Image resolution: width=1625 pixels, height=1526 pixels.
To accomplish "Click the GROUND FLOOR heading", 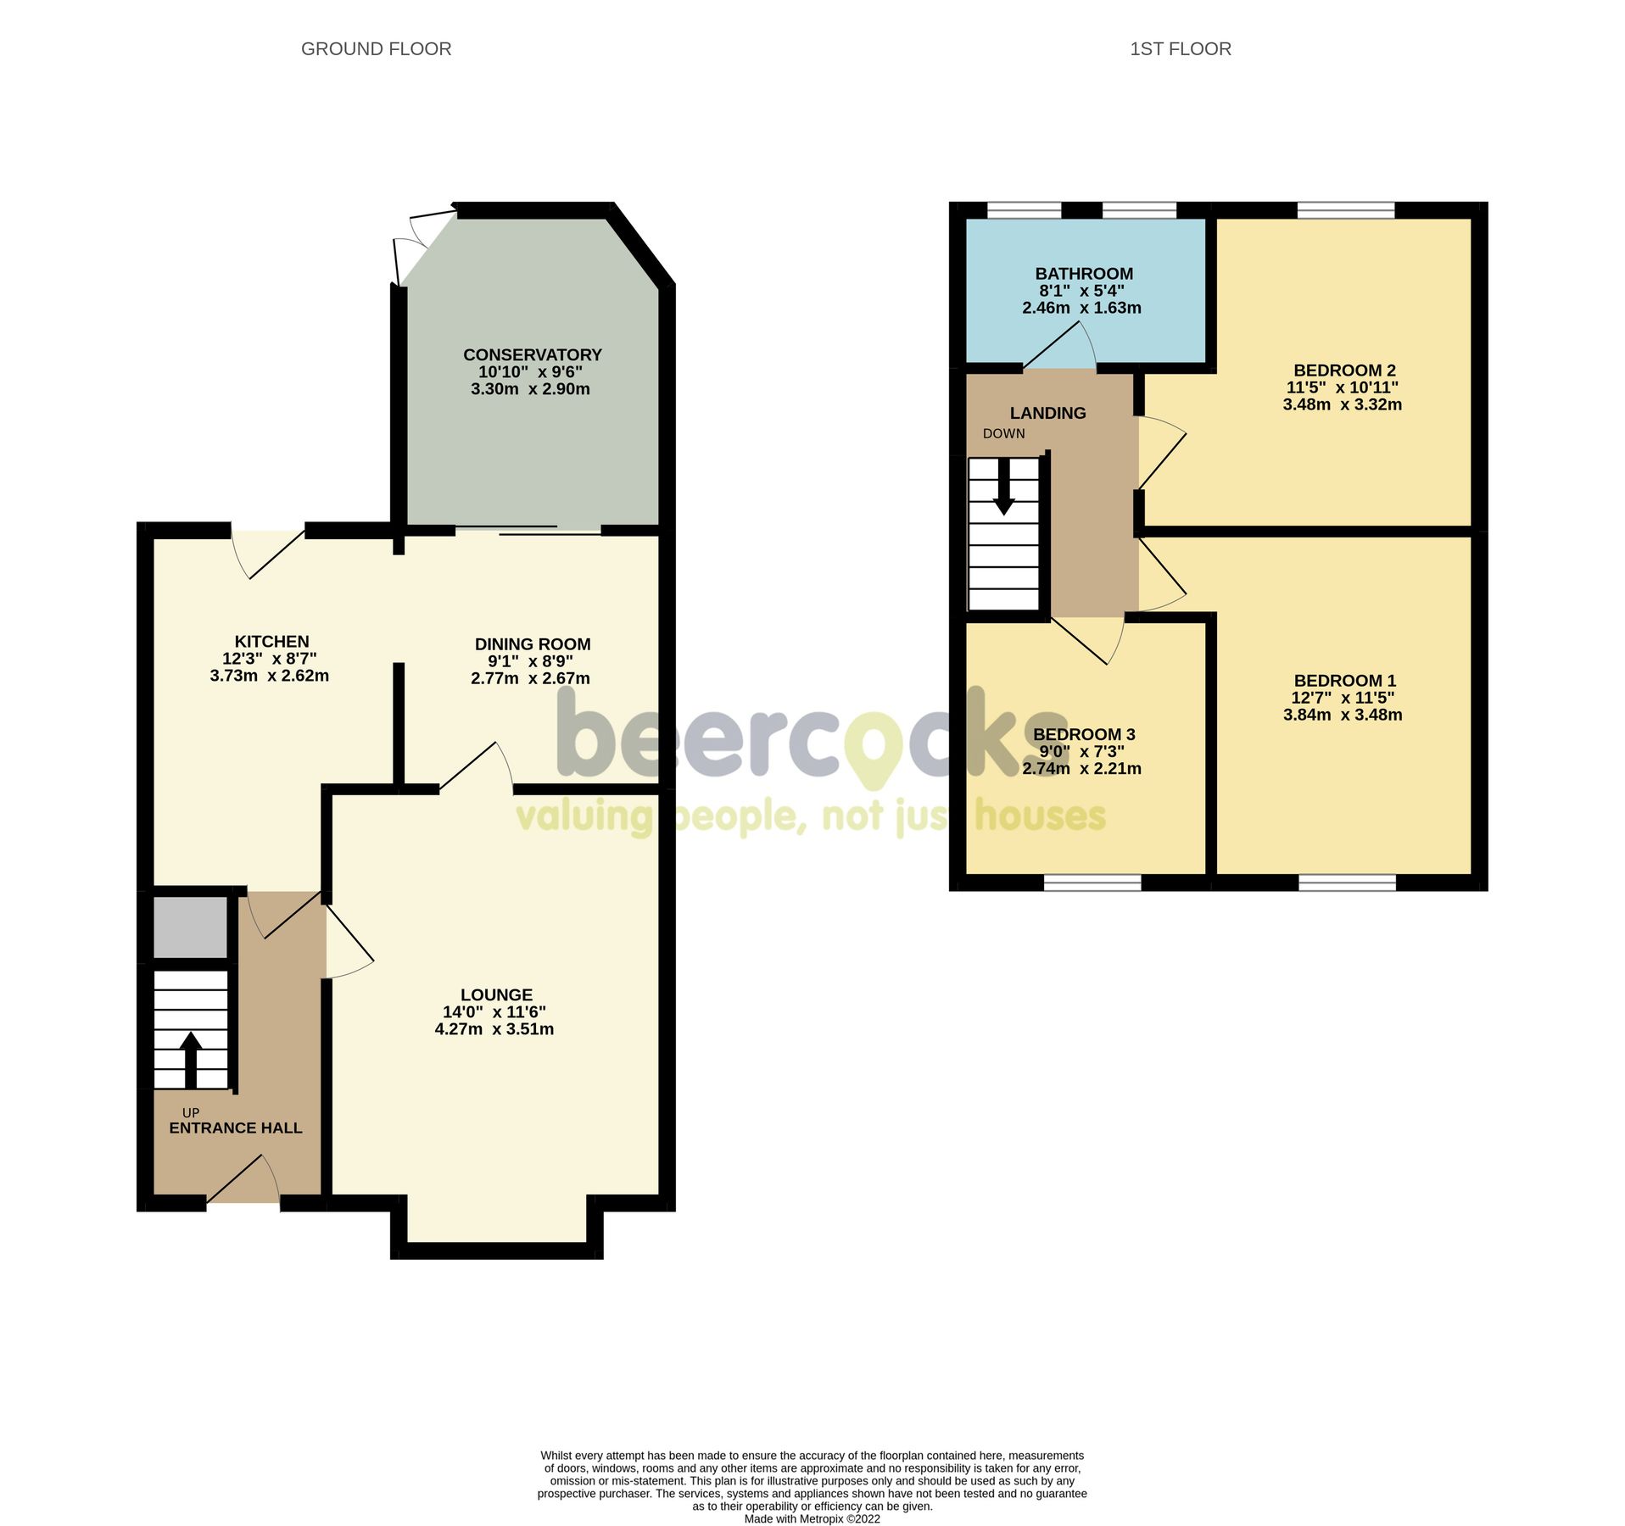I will pyautogui.click(x=376, y=49).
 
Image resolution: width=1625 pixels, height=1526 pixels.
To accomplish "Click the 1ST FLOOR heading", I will pyautogui.click(x=1180, y=49).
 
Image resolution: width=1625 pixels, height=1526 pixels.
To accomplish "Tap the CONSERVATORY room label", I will pyautogui.click(x=532, y=354).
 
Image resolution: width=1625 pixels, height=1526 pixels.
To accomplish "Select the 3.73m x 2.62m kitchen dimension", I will pyautogui.click(x=269, y=676).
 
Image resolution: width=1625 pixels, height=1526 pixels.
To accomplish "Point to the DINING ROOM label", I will pyautogui.click(x=532, y=644).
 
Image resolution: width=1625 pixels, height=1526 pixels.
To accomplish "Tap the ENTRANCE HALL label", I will pyautogui.click(x=235, y=1128).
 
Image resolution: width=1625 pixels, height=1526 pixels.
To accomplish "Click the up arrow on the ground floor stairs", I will pyautogui.click(x=190, y=1059).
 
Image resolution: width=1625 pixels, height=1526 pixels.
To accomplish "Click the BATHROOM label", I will pyautogui.click(x=1083, y=274).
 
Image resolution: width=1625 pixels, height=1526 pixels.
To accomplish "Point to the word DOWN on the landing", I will pyautogui.click(x=1003, y=433).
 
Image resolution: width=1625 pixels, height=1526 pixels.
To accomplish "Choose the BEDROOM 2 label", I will pyautogui.click(x=1343, y=370).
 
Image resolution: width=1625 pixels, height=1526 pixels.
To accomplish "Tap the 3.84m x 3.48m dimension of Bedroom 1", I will pyautogui.click(x=1342, y=715).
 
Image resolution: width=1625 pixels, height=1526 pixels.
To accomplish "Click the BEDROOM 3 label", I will pyautogui.click(x=1083, y=734).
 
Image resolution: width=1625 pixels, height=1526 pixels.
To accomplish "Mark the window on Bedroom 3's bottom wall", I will pyautogui.click(x=1092, y=883).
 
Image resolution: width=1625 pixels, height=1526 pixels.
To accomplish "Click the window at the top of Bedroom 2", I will pyautogui.click(x=1345, y=209).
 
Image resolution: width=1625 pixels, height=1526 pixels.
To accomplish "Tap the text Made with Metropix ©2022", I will pyautogui.click(x=812, y=1519).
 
